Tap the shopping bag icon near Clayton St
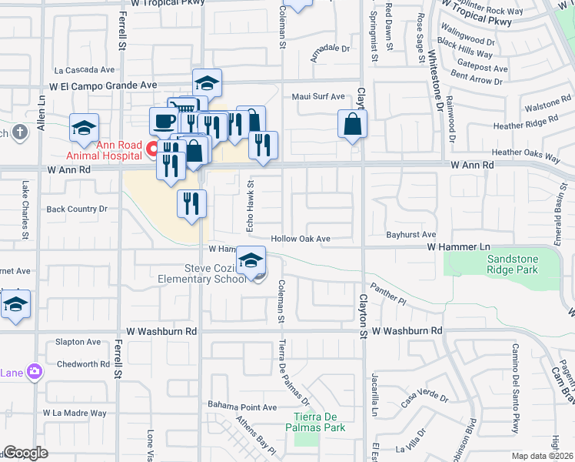click(352, 124)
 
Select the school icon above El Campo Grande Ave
click(206, 82)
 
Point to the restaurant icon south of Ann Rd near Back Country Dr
click(191, 203)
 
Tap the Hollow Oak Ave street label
click(300, 239)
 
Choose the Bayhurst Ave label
click(411, 234)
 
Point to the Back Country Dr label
click(77, 209)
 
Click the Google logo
click(26, 453)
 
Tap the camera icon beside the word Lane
click(34, 372)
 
